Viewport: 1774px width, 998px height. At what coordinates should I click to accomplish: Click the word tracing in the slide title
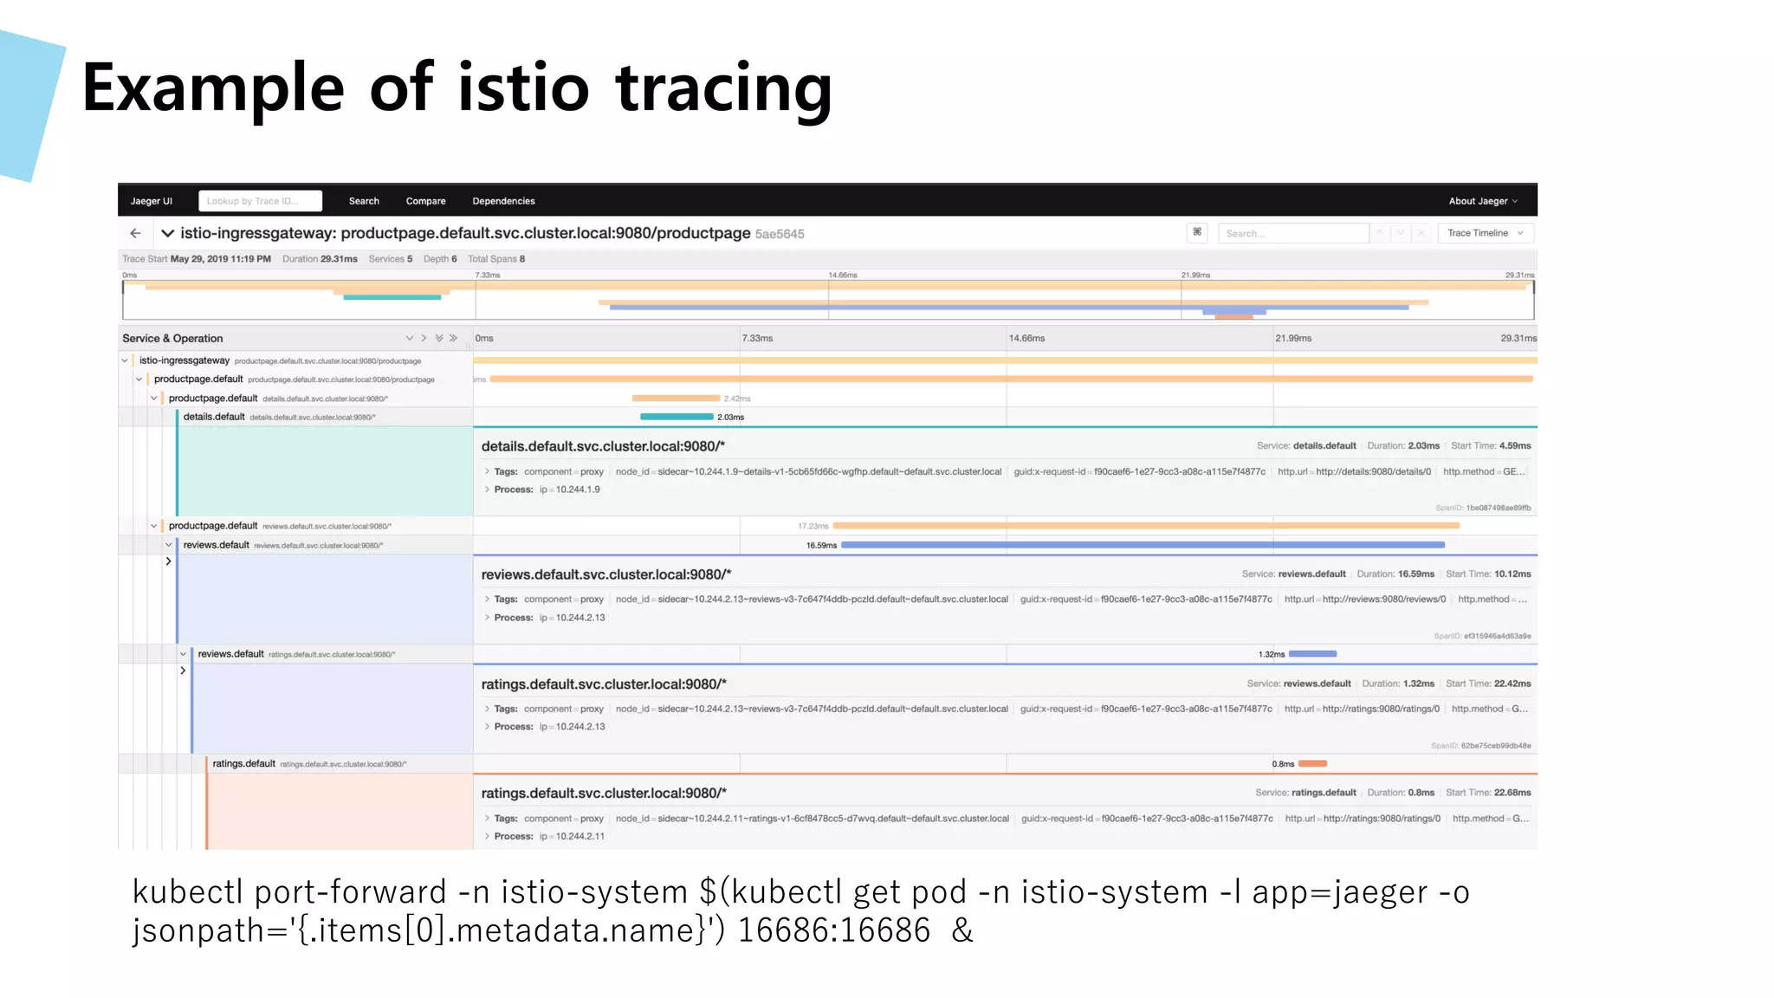tap(723, 89)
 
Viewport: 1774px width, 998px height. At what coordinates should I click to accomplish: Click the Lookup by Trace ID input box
tap(260, 201)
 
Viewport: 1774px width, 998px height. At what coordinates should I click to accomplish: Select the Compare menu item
tap(425, 201)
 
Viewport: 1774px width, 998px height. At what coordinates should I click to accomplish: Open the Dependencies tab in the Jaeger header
tap(503, 201)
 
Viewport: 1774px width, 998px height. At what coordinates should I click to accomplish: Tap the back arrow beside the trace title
tap(135, 233)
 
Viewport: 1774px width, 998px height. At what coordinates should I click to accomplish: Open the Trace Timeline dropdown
tap(1485, 233)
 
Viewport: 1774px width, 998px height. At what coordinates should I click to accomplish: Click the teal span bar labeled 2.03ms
tap(677, 417)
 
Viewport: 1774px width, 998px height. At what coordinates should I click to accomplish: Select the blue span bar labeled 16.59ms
tap(1142, 545)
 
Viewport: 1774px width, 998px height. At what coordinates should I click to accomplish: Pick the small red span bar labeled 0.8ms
tap(1312, 763)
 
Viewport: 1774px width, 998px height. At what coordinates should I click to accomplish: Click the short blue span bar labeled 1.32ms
tap(1312, 654)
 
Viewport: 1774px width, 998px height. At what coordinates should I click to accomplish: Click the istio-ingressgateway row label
tap(185, 360)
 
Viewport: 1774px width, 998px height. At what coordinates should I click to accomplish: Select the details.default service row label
tap(214, 417)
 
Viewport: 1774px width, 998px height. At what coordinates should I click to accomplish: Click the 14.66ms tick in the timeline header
tap(1026, 339)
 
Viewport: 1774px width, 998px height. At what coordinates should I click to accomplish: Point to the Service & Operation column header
tap(172, 339)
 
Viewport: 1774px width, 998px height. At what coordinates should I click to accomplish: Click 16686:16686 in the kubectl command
tap(833, 930)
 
